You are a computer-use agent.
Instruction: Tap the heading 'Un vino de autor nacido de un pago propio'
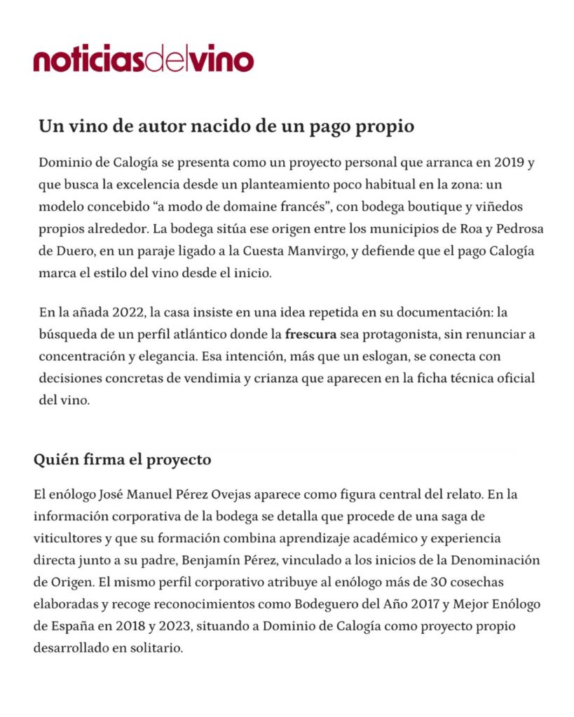(226, 127)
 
